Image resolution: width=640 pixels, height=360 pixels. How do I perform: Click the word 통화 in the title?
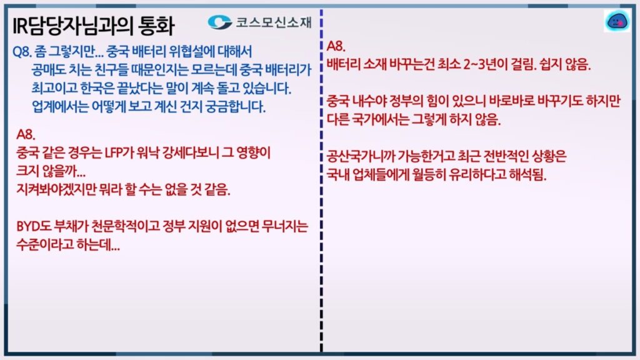click(156, 26)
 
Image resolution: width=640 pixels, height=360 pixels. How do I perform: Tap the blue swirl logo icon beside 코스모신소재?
click(219, 22)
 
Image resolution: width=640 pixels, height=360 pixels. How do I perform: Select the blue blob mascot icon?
click(617, 21)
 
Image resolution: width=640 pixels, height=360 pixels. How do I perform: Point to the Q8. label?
click(22, 52)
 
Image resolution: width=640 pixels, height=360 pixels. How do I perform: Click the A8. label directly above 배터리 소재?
click(336, 46)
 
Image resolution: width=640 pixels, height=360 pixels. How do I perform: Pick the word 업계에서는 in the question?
click(60, 107)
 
